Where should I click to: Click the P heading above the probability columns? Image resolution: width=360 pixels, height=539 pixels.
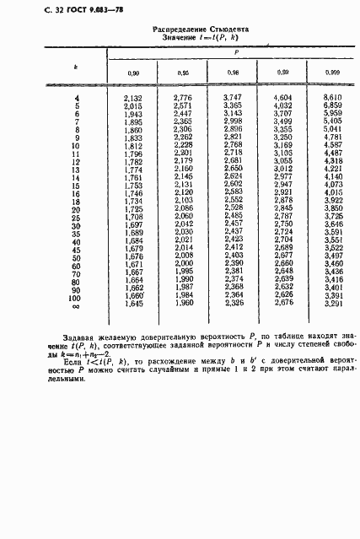[x=236, y=51]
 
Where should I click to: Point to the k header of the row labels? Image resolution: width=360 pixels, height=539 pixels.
[x=77, y=64]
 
